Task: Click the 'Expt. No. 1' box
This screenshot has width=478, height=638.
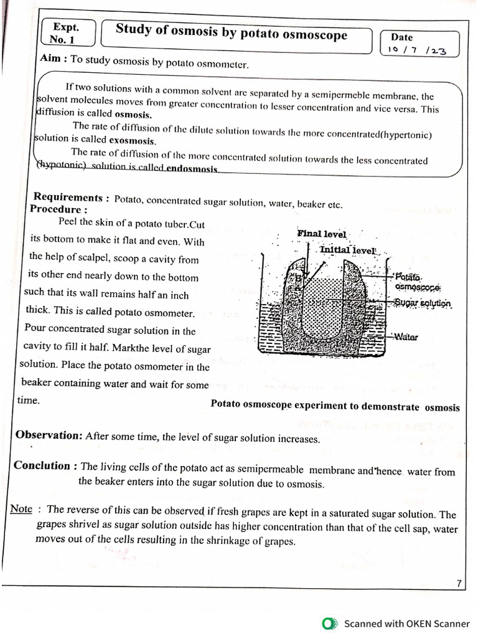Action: pos(67,32)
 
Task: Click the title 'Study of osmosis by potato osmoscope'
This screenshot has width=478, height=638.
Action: pos(232,32)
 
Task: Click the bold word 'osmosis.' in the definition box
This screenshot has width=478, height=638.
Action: pos(133,115)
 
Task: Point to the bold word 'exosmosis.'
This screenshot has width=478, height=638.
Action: pos(133,141)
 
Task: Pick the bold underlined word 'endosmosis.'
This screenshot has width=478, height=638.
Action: pos(192,168)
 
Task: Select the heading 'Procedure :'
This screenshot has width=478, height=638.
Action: pos(59,209)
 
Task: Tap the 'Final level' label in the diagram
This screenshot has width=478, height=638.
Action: pos(321,234)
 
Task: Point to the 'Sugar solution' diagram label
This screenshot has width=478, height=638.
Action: pos(423,303)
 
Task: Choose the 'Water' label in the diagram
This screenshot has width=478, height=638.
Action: pos(405,337)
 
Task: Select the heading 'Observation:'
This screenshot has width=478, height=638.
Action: pos(49,436)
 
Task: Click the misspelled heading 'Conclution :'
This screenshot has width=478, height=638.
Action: pos(46,466)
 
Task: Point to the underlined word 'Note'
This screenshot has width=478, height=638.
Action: pos(21,509)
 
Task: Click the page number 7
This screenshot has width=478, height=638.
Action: pos(459,584)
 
